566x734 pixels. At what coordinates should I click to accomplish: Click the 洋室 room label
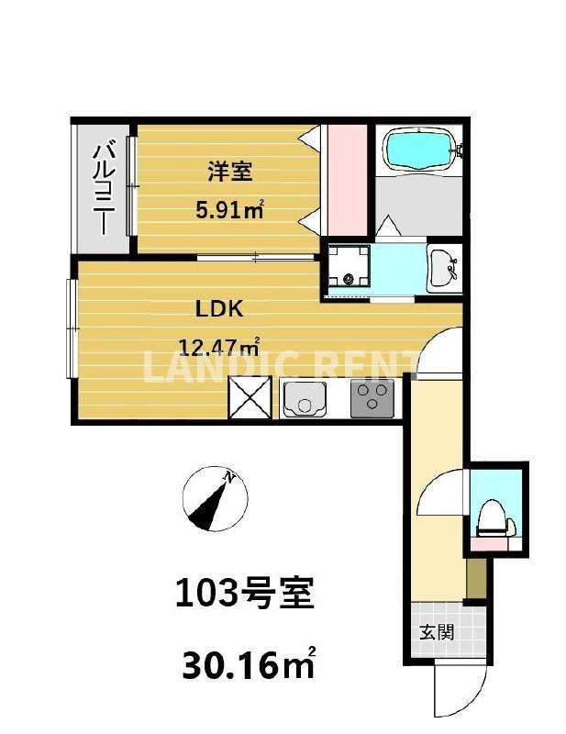229,171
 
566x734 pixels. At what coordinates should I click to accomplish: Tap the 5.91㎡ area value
229,210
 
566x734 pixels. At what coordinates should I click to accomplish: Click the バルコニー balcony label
104,187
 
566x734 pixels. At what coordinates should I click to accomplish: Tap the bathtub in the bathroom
418,150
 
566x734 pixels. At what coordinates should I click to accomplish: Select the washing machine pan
348,267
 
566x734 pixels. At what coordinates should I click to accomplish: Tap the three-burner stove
372,398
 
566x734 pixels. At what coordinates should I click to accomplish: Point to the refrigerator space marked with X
250,398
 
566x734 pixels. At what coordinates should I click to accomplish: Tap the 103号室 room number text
244,595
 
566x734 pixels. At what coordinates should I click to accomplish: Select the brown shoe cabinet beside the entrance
474,578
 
